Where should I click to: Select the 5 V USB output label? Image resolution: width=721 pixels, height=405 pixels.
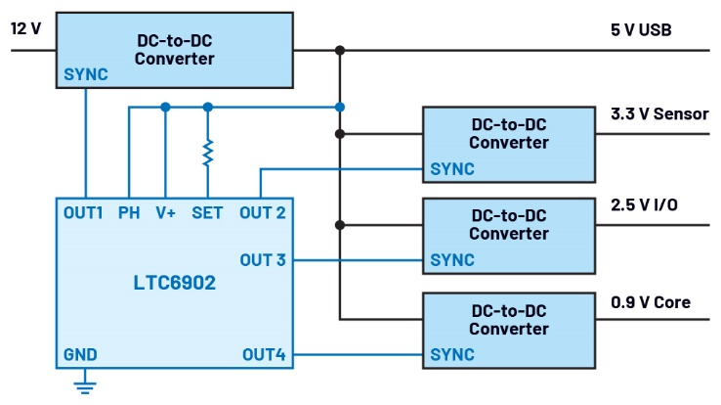pyautogui.click(x=641, y=29)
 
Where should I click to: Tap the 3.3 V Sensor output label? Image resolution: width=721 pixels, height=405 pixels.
pyautogui.click(x=658, y=114)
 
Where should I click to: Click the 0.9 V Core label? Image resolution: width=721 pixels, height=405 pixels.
pyautogui.click(x=650, y=302)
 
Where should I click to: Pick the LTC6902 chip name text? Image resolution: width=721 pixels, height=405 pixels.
pyautogui.click(x=176, y=283)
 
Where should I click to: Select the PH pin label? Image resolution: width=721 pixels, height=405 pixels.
pyautogui.click(x=128, y=212)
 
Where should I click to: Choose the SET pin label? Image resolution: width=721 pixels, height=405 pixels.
pyautogui.click(x=207, y=212)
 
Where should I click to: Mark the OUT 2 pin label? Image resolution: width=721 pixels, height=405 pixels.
pyautogui.click(x=262, y=212)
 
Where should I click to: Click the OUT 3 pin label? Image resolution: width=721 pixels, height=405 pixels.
pyautogui.click(x=263, y=260)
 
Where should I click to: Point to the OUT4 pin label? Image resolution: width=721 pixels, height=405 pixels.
pyautogui.click(x=263, y=354)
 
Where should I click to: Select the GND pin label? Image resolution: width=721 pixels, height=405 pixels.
pyautogui.click(x=80, y=354)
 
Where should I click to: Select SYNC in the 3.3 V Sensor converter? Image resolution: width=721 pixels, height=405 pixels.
pyautogui.click(x=452, y=168)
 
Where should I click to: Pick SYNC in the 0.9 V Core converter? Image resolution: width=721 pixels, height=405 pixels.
pyautogui.click(x=452, y=354)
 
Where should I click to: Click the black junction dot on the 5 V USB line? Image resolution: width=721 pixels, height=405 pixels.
pyautogui.click(x=340, y=50)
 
